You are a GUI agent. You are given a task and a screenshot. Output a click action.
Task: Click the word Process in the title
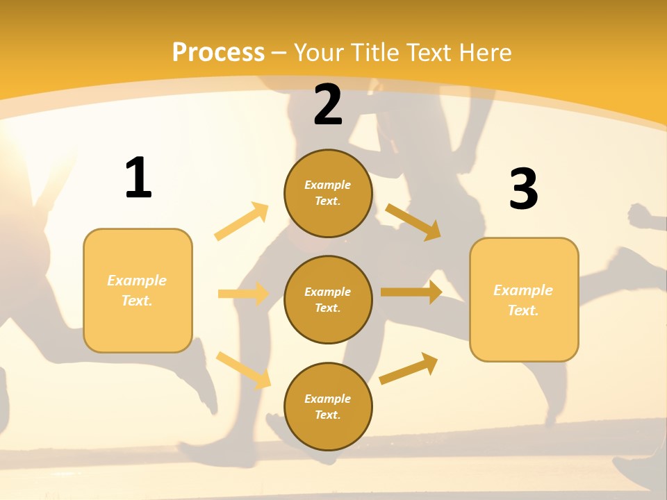point(218,53)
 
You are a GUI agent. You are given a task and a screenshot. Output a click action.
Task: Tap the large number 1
point(138,178)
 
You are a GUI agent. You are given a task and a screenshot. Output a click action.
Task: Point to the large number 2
point(328,105)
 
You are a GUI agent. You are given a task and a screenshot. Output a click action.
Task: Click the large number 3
point(523,189)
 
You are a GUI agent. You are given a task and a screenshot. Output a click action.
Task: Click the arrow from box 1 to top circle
point(242,222)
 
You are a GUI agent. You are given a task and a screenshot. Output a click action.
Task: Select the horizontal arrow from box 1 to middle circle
point(243,294)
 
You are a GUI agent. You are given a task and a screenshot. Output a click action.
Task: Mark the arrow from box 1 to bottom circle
point(243,370)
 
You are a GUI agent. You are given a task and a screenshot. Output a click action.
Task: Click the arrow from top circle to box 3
point(413,222)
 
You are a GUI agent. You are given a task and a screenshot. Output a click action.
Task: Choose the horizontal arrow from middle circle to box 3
point(411,292)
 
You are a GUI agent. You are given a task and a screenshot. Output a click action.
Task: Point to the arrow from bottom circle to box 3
point(409,368)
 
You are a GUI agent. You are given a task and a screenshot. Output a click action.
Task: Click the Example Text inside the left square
point(137,290)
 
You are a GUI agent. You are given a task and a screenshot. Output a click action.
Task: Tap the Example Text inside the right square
point(523,300)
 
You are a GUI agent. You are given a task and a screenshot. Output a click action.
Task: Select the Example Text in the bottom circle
point(328,407)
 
